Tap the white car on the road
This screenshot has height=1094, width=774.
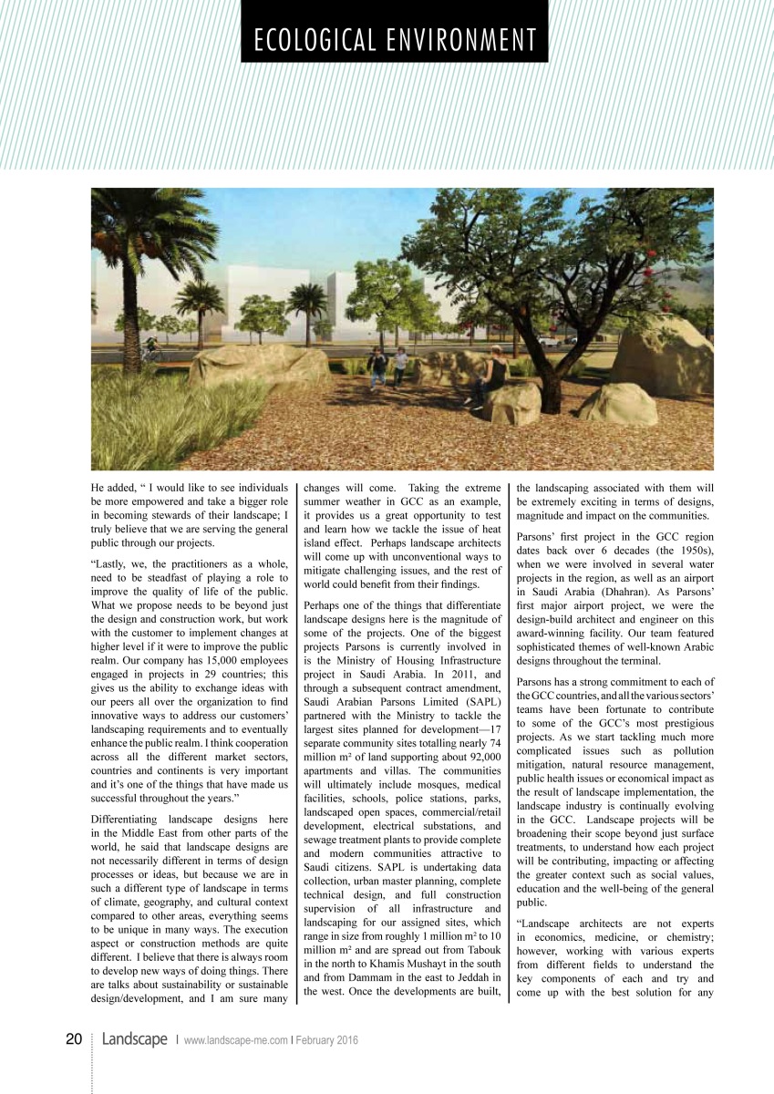point(548,341)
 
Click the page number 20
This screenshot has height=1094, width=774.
point(75,1039)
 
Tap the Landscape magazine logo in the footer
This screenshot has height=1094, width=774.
point(135,1039)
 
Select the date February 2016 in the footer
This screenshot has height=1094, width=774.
point(326,1040)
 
